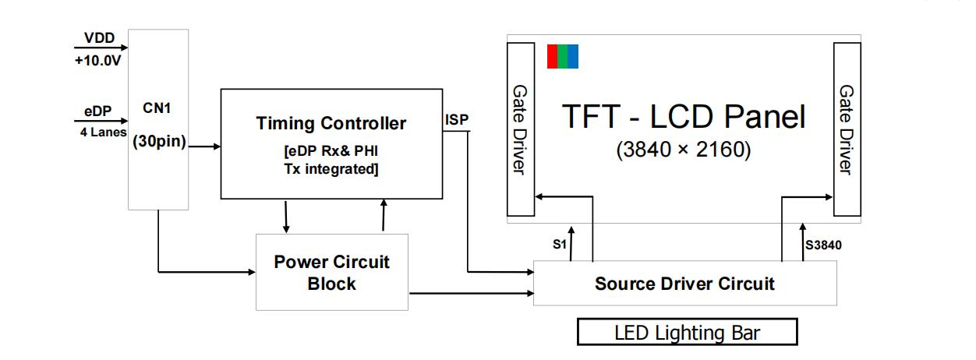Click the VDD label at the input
tap(99, 37)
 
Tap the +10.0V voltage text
tap(98, 60)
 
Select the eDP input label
tap(97, 111)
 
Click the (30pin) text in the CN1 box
tap(158, 143)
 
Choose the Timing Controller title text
tap(331, 123)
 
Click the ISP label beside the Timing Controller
tap(457, 120)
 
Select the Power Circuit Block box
tap(331, 272)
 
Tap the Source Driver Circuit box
tap(684, 283)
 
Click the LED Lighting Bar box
tap(687, 333)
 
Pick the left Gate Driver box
tap(521, 129)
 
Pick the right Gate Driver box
tap(847, 129)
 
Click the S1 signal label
tap(559, 245)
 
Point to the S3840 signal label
tap(823, 245)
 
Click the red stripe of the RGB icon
tap(552, 57)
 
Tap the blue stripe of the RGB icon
tap(574, 57)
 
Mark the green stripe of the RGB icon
tap(562, 57)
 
